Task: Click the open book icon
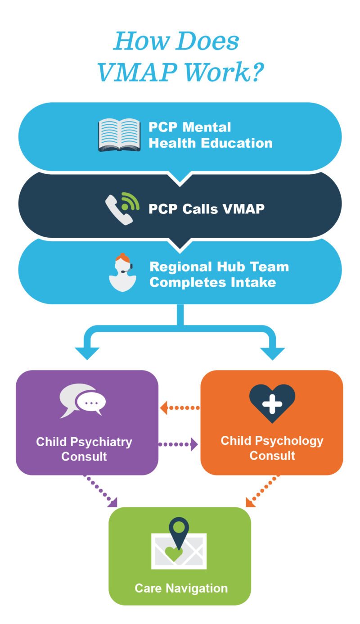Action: pyautogui.click(x=119, y=135)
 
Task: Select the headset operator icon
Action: pyautogui.click(x=122, y=273)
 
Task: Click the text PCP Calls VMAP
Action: pyautogui.click(x=207, y=209)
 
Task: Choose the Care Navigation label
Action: pyautogui.click(x=181, y=588)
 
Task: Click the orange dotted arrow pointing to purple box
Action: pyautogui.click(x=179, y=408)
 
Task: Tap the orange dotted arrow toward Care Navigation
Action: pyautogui.click(x=262, y=491)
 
